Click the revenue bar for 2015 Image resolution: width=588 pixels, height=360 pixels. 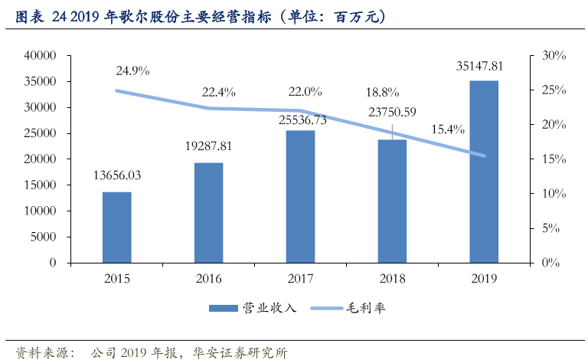[117, 227]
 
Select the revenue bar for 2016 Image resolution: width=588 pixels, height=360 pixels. [208, 213]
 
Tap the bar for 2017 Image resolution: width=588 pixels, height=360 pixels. [300, 197]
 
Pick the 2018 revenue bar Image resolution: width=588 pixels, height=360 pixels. [392, 201]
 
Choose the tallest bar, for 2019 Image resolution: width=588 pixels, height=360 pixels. [484, 172]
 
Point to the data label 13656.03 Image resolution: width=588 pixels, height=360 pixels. [117, 175]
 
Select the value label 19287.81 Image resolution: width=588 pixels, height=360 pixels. [208, 147]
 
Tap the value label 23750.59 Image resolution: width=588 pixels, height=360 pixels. [392, 112]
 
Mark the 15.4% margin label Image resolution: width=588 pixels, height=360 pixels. [447, 129]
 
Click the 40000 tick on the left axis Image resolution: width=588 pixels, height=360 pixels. [41, 56]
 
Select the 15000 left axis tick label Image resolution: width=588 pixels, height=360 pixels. [41, 185]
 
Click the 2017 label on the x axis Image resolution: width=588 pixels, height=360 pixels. [300, 278]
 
